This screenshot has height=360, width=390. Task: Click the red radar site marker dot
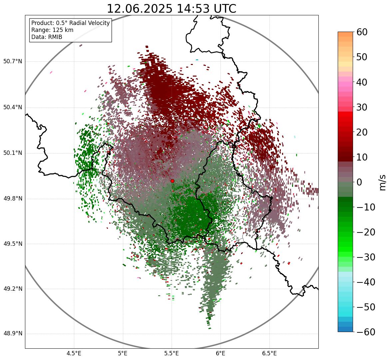[172, 181]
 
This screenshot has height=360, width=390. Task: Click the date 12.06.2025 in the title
[140, 9]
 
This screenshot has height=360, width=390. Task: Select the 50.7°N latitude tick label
[13, 62]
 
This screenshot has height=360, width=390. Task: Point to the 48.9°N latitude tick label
[13, 334]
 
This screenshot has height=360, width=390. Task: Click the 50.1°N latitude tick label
[13, 153]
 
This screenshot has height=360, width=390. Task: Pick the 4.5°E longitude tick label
[74, 353]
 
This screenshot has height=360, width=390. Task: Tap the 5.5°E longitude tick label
[172, 353]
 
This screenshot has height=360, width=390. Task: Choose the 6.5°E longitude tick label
[269, 353]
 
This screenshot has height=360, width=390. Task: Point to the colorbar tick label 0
[360, 182]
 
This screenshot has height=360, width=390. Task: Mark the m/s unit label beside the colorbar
[382, 182]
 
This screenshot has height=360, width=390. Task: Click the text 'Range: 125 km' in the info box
[52, 30]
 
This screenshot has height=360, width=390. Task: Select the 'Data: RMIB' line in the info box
[47, 37]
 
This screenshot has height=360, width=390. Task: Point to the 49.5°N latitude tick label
[13, 244]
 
